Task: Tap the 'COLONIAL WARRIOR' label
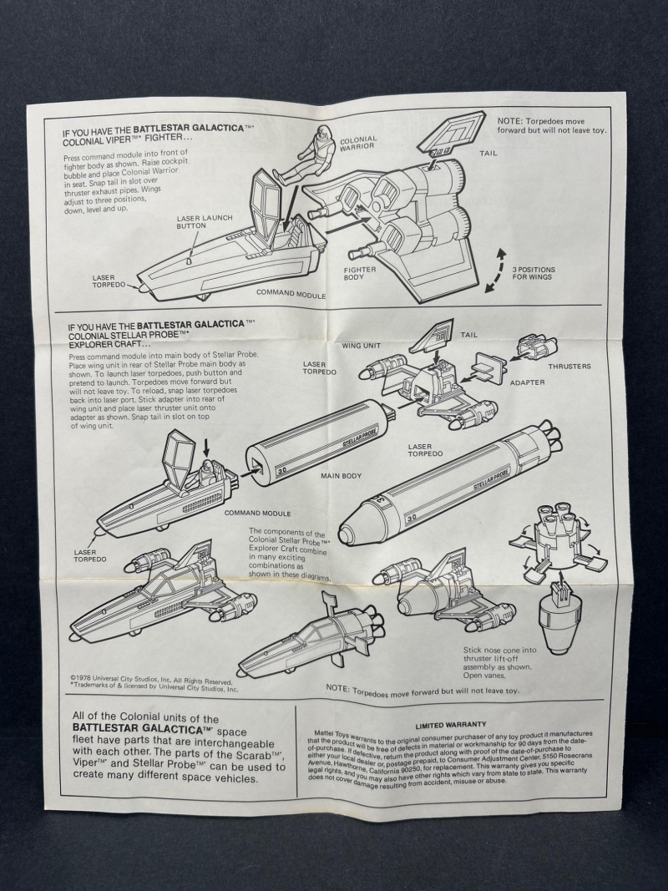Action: point(357,144)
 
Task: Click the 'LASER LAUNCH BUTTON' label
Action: point(204,222)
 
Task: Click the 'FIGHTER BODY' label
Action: point(360,274)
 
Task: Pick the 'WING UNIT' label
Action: point(361,343)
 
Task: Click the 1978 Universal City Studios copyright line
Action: point(150,681)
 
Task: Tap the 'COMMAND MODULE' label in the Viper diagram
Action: point(291,293)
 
